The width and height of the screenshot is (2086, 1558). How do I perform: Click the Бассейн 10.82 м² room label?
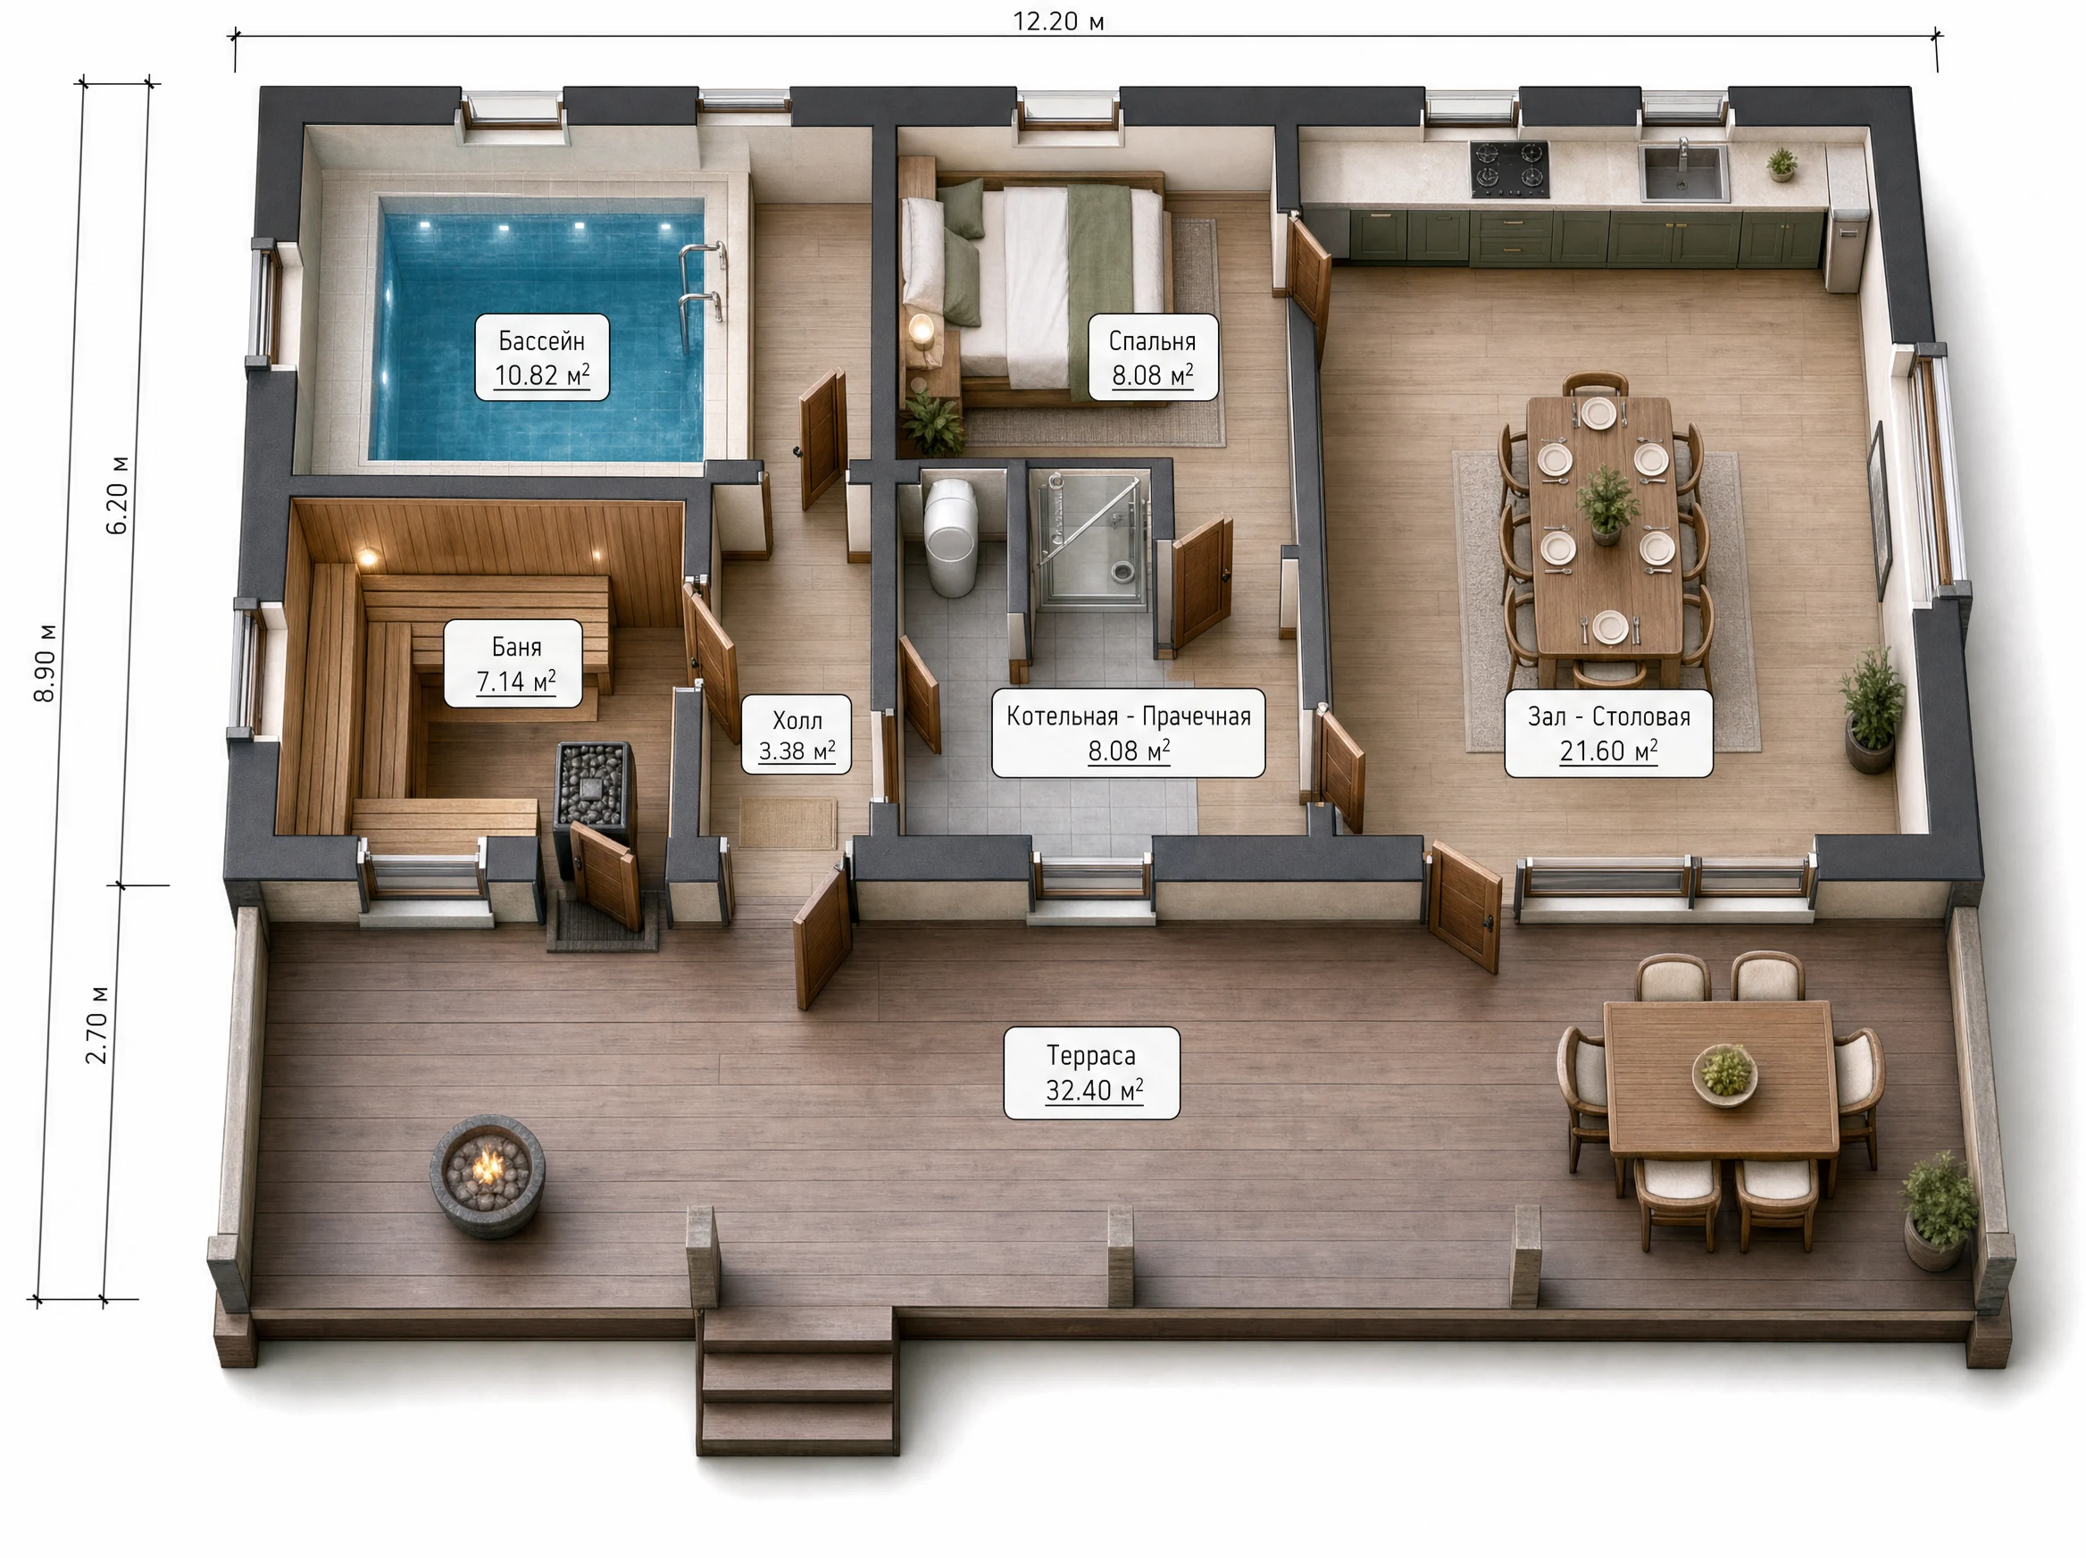pyautogui.click(x=542, y=357)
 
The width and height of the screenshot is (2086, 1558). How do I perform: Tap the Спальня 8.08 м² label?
pyautogui.click(x=1153, y=357)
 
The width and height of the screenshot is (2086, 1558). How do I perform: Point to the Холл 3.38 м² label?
pyautogui.click(x=797, y=734)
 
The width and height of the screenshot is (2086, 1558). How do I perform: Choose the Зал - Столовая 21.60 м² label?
pyautogui.click(x=1608, y=733)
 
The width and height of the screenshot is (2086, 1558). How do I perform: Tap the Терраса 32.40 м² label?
pyautogui.click(x=1091, y=1073)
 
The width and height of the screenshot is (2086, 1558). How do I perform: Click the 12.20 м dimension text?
pyautogui.click(x=1057, y=21)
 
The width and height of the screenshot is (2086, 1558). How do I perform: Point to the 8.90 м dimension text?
pyautogui.click(x=46, y=663)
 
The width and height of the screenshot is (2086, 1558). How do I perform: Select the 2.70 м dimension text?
pyautogui.click(x=97, y=1026)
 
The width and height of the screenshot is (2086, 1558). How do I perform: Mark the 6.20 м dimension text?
pyautogui.click(x=118, y=495)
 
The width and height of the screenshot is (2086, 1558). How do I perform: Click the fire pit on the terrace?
pyautogui.click(x=488, y=1175)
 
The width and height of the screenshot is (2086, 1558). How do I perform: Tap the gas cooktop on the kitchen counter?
pyautogui.click(x=1509, y=169)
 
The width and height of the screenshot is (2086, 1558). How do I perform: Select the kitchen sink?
pyautogui.click(x=1684, y=172)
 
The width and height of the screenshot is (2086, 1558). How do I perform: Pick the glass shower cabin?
pyautogui.click(x=1093, y=540)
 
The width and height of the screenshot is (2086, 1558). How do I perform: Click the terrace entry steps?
pyautogui.click(x=797, y=1382)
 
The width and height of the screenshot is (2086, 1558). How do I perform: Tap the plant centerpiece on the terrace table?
pyautogui.click(x=1725, y=1073)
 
